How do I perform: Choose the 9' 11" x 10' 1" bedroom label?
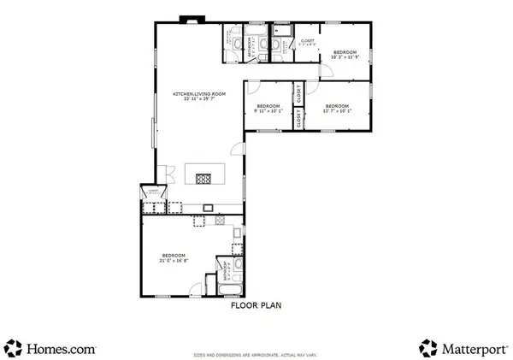pos(268,108)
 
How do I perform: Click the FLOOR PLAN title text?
pos(256,303)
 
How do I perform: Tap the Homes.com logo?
pos(51,346)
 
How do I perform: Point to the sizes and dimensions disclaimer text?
pos(256,353)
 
